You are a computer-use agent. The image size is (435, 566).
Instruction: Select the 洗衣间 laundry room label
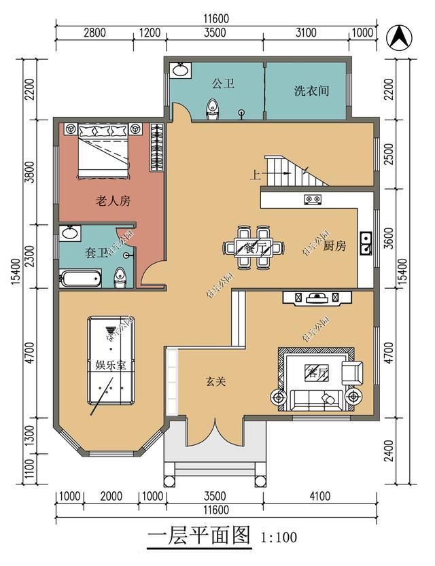(311, 90)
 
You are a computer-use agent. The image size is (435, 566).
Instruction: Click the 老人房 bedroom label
(111, 201)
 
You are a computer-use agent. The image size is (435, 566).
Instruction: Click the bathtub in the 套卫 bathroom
(81, 278)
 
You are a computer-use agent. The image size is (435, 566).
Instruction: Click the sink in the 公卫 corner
(181, 69)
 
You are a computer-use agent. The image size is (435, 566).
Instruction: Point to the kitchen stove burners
(312, 199)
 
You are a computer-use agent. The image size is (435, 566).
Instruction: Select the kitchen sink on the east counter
(366, 243)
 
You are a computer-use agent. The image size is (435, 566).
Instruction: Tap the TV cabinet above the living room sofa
(317, 298)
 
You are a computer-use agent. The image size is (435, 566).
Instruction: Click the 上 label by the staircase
(256, 174)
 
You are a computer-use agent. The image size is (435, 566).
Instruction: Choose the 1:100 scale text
(279, 538)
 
